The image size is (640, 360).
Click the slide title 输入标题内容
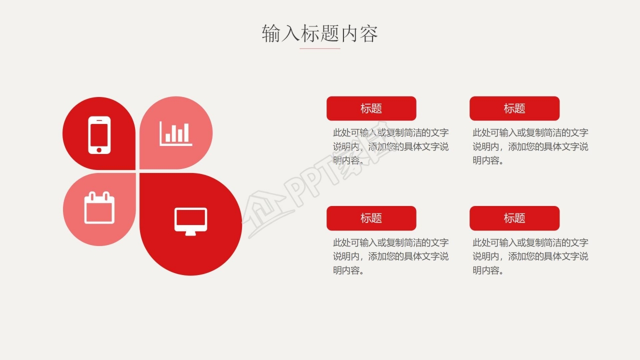point(320,33)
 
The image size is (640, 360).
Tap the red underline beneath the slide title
point(320,48)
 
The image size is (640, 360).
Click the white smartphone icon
point(99,134)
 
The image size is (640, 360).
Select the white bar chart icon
point(176,134)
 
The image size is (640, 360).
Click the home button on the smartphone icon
point(99,149)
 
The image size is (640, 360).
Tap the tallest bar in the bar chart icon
point(186,132)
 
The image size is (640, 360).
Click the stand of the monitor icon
point(190,233)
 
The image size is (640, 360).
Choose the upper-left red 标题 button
point(371,108)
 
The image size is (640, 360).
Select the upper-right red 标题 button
point(514,108)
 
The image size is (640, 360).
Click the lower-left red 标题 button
point(371,218)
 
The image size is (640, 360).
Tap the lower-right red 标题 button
point(514,218)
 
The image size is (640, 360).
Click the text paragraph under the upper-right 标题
point(530,146)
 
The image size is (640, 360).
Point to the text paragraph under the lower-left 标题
point(390,256)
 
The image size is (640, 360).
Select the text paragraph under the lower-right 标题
point(530,256)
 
